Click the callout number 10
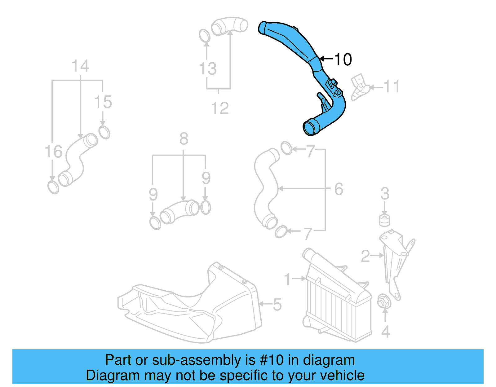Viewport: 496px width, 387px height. [x=343, y=59]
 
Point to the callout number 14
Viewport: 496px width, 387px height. [x=80, y=66]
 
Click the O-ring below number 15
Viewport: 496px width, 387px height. [x=104, y=132]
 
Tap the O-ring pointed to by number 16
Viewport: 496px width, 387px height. [x=53, y=187]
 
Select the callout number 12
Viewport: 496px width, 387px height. [x=220, y=108]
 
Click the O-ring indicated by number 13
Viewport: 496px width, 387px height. [x=204, y=36]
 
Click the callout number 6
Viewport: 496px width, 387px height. [x=339, y=189]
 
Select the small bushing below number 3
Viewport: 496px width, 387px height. [x=385, y=220]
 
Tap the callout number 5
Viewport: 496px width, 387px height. [x=277, y=304]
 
